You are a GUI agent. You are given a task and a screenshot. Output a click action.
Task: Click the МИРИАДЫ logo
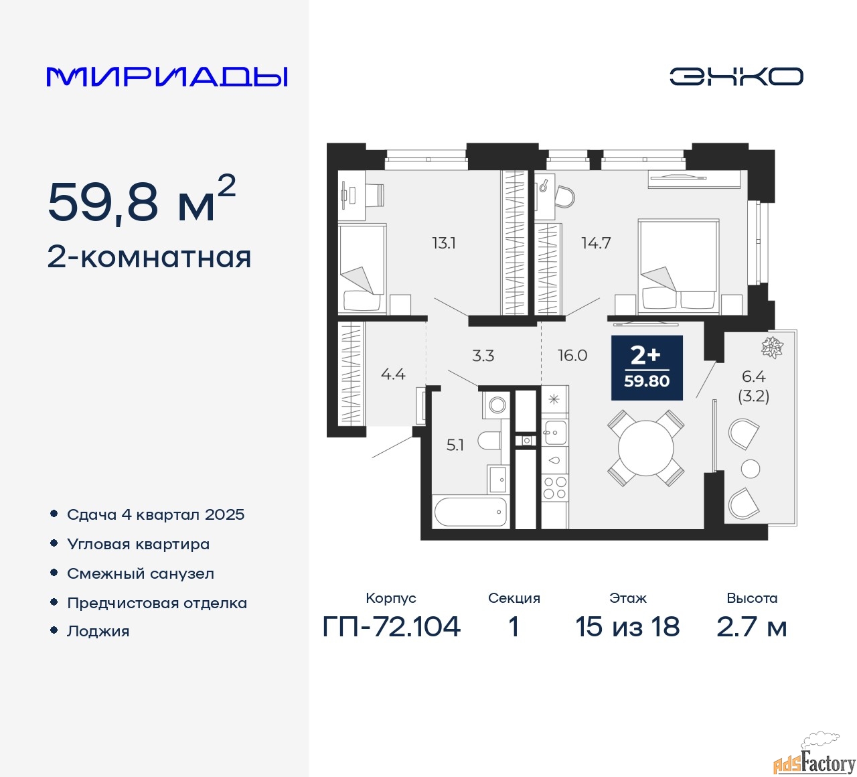coord(167,77)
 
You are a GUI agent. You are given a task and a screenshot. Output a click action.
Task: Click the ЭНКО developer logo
coord(736,76)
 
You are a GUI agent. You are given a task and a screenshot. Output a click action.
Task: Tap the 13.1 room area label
coord(443,243)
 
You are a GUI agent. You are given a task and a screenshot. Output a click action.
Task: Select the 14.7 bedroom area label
coord(596,243)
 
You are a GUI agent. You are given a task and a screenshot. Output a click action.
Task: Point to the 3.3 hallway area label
coord(483,355)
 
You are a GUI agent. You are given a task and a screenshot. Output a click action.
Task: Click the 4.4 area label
coord(393,374)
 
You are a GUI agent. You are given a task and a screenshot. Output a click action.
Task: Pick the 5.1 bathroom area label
coord(455,445)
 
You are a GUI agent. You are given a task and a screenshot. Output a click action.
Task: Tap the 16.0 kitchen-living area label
coord(572,355)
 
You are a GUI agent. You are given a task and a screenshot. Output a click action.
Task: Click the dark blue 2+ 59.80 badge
coord(647,368)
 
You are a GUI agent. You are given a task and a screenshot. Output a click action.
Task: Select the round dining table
coord(646,448)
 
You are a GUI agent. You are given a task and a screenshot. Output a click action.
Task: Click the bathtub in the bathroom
coord(470,512)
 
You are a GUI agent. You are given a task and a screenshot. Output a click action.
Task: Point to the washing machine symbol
coord(495,404)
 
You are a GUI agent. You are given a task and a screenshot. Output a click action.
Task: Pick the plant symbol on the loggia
coord(772,346)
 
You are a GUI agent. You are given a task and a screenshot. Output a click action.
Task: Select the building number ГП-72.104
coord(391,627)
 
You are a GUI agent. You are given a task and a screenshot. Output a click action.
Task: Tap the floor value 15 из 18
coord(627,627)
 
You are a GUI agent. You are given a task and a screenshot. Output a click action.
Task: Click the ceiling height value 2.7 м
coord(751,627)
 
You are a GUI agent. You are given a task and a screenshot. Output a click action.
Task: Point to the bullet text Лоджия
coord(98,631)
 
